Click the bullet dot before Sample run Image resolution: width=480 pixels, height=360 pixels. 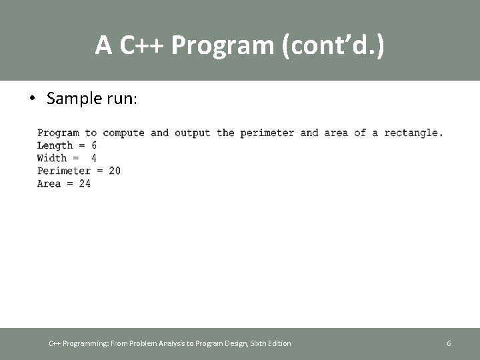pyautogui.click(x=32, y=99)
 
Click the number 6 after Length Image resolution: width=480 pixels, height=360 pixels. pyautogui.click(x=93, y=145)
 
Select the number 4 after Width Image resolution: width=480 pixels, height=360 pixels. pyautogui.click(x=93, y=158)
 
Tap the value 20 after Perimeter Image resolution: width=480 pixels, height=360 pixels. pyautogui.click(x=115, y=171)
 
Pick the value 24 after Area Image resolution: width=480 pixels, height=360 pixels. pyautogui.click(x=85, y=183)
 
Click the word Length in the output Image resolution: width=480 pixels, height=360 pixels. pyautogui.click(x=55, y=145)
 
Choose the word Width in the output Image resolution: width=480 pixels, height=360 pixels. pyautogui.click(x=52, y=158)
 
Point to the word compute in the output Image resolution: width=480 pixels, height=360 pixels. pyautogui.click(x=123, y=133)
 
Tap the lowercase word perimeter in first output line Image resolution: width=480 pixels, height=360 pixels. pyautogui.click(x=267, y=133)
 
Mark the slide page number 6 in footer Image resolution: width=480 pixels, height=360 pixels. pyautogui.click(x=449, y=343)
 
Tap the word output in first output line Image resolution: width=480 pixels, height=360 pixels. pyautogui.click(x=192, y=133)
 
